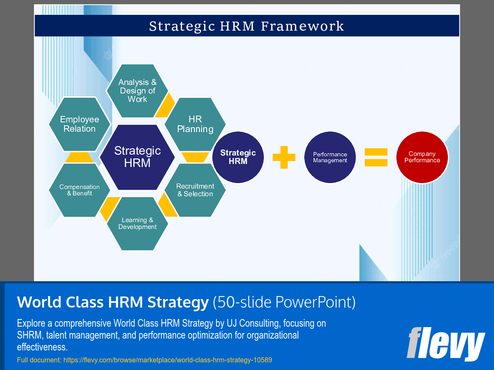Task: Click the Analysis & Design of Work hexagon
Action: (x=137, y=91)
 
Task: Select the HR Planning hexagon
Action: (x=195, y=124)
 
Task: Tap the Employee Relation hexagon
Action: (x=79, y=124)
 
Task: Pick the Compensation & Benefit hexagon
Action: (x=79, y=190)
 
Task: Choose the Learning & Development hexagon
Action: (x=137, y=223)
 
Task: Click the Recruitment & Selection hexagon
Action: (x=195, y=190)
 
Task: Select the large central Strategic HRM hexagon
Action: (x=137, y=157)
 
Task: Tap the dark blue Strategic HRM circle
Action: (x=238, y=157)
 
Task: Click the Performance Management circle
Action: (x=330, y=157)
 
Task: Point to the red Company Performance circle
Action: (x=422, y=157)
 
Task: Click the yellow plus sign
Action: (x=284, y=157)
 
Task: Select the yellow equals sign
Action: (x=376, y=157)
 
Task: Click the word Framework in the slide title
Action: (x=302, y=26)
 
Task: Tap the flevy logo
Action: (x=445, y=344)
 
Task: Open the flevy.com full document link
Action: (x=167, y=360)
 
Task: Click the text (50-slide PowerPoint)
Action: (x=284, y=302)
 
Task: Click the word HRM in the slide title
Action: (x=238, y=26)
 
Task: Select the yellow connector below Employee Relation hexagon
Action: (x=79, y=157)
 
